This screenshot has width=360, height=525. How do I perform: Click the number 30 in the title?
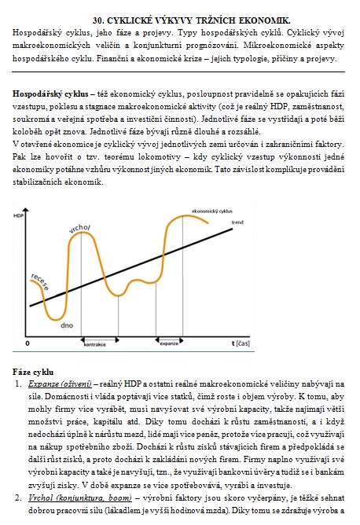[x=97, y=20]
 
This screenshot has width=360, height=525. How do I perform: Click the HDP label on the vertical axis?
[x=18, y=215]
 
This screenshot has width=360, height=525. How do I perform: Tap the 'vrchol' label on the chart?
[x=79, y=229]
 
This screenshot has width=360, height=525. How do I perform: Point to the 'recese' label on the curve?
[x=40, y=281]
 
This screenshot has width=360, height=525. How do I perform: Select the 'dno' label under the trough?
[x=67, y=325]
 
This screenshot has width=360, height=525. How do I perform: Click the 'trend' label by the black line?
[x=237, y=222]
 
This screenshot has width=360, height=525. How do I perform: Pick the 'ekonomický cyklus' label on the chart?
[x=212, y=211]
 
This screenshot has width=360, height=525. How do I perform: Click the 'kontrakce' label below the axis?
[x=95, y=344]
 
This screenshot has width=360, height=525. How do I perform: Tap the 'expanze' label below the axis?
[x=169, y=344]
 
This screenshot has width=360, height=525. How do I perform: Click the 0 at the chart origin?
[x=28, y=343]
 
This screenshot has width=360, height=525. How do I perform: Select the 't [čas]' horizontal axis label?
[x=241, y=343]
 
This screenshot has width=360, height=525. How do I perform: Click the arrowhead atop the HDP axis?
[x=26, y=211]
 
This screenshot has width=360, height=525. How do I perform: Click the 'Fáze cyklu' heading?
[x=33, y=372]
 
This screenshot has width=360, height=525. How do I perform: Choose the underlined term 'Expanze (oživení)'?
[x=60, y=384]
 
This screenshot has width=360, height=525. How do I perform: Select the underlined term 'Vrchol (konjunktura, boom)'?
[x=79, y=497]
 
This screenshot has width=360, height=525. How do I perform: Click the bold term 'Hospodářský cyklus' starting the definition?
[x=50, y=94]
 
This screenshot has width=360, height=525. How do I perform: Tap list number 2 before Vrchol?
[x=18, y=497]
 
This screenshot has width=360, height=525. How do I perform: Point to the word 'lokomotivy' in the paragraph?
[x=159, y=156]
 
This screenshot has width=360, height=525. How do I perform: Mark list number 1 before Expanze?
[x=18, y=384]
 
